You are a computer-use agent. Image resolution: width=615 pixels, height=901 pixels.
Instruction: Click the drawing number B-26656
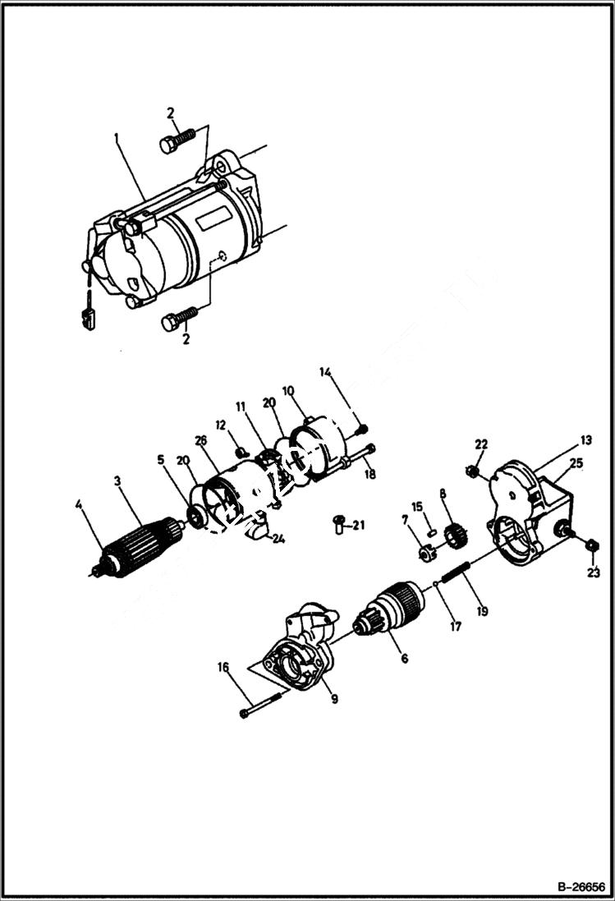(581, 888)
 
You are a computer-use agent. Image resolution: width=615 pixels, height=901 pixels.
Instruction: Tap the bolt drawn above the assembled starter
(177, 140)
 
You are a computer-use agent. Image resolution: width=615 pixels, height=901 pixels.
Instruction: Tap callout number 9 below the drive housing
(334, 699)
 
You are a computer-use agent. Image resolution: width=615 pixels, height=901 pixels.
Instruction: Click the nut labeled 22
(473, 471)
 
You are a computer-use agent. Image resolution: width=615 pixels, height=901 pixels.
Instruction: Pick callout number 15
(417, 507)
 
